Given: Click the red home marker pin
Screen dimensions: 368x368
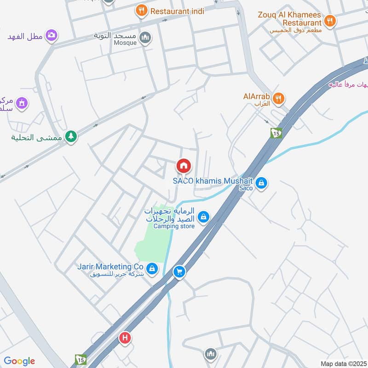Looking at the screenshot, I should click(183, 166).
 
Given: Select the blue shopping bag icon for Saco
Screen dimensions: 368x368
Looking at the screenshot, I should click(261, 183).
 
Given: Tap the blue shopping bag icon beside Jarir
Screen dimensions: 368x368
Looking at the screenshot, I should click(152, 268).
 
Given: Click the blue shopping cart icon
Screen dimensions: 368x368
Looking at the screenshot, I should click(179, 272).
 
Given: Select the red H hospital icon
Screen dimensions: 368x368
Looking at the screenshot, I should click(124, 339).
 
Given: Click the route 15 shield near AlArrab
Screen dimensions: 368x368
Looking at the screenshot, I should click(276, 132).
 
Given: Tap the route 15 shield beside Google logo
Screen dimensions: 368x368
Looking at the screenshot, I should click(80, 359).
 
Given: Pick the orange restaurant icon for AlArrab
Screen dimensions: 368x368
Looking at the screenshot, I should click(278, 98).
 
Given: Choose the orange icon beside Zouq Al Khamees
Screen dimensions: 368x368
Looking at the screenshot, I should click(329, 20).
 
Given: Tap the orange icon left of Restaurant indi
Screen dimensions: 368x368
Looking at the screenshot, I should click(141, 10).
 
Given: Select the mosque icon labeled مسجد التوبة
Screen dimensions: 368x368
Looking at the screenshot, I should click(145, 37).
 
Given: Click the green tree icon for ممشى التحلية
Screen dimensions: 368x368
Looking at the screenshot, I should click(70, 136).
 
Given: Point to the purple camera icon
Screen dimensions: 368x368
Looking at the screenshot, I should click(52, 35).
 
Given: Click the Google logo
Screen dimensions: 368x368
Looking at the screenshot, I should click(19, 361).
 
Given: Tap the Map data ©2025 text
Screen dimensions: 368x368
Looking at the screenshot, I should click(342, 363).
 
